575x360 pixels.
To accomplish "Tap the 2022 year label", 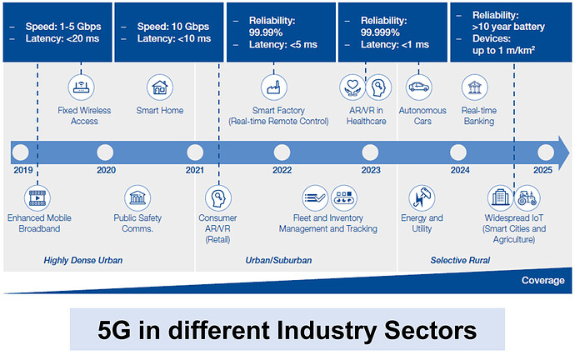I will (x=282, y=170).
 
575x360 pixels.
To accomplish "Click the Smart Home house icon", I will (x=159, y=87).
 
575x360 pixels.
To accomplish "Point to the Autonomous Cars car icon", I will (x=417, y=87).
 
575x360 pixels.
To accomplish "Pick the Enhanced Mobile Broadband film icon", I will (x=37, y=198).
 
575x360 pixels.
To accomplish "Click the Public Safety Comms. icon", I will (x=137, y=198).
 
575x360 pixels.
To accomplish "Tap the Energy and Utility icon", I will (x=422, y=198).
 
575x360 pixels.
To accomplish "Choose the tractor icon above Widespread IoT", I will (x=527, y=198).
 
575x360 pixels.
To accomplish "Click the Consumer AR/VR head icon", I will (x=217, y=198).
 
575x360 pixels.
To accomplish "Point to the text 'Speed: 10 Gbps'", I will (x=172, y=25).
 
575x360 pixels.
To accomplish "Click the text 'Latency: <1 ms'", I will (x=395, y=44).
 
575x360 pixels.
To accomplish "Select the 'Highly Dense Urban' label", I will (x=82, y=261).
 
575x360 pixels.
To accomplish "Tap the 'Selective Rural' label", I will (x=460, y=261).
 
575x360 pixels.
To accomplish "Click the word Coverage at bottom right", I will (x=542, y=280).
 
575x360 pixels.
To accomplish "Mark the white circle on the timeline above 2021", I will (x=194, y=152).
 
